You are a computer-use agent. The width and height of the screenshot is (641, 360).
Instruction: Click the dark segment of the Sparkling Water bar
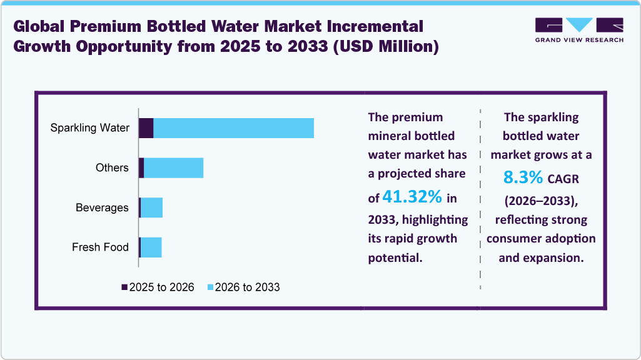[146, 128]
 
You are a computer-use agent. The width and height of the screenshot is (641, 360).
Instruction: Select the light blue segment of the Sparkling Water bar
[233, 128]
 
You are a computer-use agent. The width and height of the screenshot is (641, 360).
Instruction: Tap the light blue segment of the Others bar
[173, 167]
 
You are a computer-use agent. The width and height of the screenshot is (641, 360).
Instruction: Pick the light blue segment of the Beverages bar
[151, 207]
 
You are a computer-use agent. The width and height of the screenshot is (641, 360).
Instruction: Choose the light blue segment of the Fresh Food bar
[151, 247]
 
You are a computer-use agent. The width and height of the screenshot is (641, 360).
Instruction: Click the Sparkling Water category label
[89, 128]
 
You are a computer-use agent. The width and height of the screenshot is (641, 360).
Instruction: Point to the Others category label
[112, 167]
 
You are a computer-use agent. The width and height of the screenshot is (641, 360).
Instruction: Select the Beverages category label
[102, 207]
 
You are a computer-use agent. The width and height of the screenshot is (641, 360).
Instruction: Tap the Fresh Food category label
[100, 247]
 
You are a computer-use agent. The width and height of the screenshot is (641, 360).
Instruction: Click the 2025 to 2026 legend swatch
[124, 287]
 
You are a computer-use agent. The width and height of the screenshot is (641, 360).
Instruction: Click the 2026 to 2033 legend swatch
[210, 287]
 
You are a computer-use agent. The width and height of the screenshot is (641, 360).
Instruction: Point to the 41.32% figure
[412, 197]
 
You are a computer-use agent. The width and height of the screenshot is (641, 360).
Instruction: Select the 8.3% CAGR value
[523, 178]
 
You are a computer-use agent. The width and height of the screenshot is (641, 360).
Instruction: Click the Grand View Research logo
[579, 29]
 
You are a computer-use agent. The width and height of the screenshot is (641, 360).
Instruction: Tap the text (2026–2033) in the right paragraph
[541, 200]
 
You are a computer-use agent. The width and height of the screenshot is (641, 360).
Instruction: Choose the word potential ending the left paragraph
[395, 257]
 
